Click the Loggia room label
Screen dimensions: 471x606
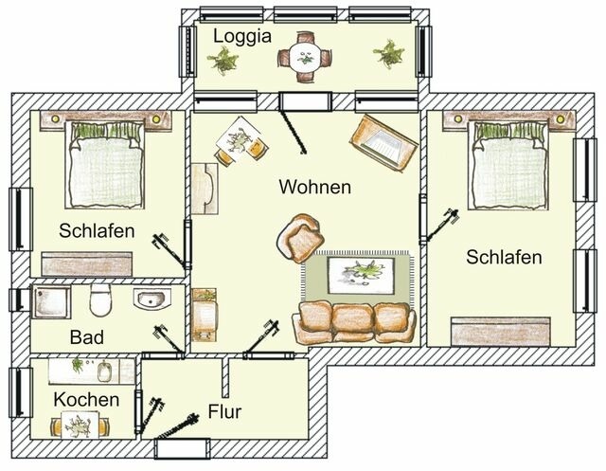point(243,36)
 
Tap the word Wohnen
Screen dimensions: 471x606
point(314,187)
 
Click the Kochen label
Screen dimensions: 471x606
point(86,399)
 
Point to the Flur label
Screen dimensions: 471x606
point(224,412)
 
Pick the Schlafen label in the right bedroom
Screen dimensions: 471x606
point(504,257)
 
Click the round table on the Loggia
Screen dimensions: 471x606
point(305,55)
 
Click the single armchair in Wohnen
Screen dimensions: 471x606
point(300,241)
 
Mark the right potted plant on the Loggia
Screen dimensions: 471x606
point(387,54)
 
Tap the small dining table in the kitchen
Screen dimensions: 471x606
point(80,426)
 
